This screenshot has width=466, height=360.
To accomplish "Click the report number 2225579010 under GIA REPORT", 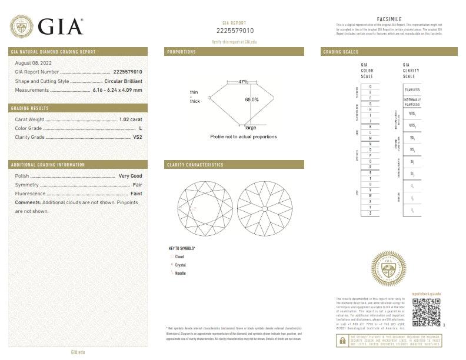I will point(235,31).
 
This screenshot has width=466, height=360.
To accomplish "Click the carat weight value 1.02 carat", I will point(131,119).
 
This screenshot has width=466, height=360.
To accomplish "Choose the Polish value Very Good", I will point(131,176).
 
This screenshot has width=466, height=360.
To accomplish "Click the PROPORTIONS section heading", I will point(182,52).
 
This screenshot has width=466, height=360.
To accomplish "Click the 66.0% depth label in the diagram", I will point(251,99).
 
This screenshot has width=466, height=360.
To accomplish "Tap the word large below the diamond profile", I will point(251,127).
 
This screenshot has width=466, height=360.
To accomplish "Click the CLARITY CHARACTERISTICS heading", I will point(195,165).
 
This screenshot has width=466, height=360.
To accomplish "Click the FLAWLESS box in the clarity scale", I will point(412,89).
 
